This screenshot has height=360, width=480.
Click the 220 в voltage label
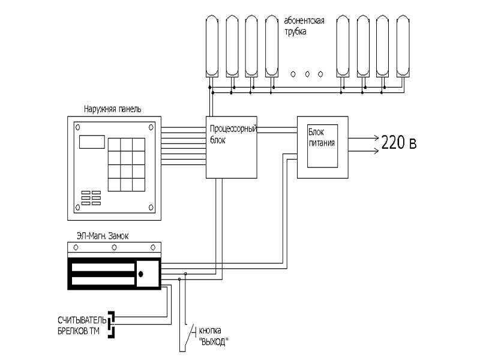coord(399,142)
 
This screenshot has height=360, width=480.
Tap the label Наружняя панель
coord(112,109)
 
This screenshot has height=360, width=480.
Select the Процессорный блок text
coord(233,134)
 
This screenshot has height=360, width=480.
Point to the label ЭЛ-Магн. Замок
coord(103,236)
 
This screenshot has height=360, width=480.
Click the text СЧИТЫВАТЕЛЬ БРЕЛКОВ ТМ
coord(82,326)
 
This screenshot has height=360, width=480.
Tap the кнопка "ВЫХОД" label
coord(214,336)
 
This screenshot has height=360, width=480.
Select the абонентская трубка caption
coord(304,26)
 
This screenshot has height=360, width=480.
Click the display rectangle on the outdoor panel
coord(92,142)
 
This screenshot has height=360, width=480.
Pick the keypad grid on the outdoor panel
coord(127,164)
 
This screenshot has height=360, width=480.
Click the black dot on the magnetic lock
coord(141,274)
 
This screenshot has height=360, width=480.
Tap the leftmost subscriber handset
coord(212,46)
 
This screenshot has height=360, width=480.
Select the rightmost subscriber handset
coord(403,46)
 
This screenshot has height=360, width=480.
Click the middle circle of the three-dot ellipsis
coord(307,74)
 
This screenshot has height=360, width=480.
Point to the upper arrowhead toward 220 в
coord(377,138)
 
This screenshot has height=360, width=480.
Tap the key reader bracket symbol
coord(112,325)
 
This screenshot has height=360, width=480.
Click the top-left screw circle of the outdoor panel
coord(78,127)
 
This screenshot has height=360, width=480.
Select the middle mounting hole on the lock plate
coord(114,247)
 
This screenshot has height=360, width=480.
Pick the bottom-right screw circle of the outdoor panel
coord(151,208)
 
